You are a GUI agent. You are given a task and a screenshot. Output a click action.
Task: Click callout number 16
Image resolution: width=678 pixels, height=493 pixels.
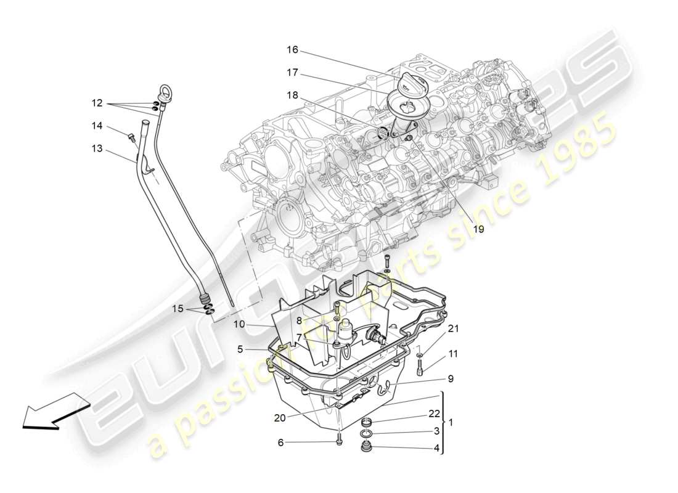[292, 49]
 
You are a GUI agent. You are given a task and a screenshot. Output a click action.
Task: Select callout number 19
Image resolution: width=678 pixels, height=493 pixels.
[478, 229]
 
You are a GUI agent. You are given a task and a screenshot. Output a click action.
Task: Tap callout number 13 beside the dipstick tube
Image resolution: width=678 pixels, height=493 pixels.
[96, 149]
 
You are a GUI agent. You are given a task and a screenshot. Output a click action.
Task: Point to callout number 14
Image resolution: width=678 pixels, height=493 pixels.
[97, 125]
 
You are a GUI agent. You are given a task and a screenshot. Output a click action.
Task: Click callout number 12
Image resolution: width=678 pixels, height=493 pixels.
[97, 103]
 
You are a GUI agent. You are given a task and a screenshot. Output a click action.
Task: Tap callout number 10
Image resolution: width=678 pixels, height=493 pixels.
[239, 324]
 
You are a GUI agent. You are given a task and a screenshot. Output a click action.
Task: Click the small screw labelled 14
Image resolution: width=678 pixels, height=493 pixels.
[131, 136]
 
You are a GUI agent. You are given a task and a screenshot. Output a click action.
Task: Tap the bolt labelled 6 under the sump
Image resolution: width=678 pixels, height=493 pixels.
[338, 439]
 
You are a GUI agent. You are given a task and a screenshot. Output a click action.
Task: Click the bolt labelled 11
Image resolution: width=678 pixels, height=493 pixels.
[420, 369]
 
